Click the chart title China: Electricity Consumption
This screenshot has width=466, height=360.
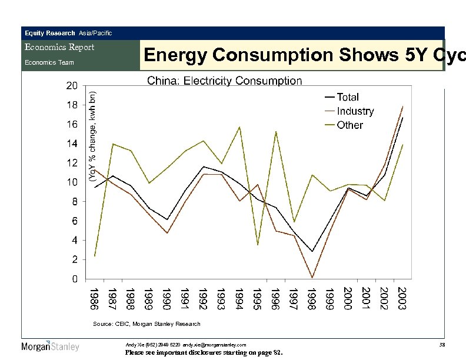tap(224, 81)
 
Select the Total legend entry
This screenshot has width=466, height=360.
tap(348, 97)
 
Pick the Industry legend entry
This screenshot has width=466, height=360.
tap(355, 111)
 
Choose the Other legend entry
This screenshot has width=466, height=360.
tap(350, 125)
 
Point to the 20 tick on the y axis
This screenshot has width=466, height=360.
tap(71, 86)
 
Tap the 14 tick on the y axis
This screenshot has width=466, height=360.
tap(71, 144)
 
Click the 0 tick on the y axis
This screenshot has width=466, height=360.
tap(74, 279)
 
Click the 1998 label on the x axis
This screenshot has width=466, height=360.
tap(312, 298)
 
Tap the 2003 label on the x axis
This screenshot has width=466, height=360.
tap(402, 298)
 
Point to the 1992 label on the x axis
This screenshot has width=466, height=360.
tap(204, 298)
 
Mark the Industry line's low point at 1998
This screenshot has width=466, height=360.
tap(312, 277)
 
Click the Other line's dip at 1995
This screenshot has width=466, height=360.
tap(258, 245)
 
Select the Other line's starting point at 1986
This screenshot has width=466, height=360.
tap(95, 256)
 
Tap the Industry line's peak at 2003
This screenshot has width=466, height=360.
tap(402, 106)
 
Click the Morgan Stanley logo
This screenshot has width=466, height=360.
tap(51, 346)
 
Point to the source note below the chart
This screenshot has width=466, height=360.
tap(147, 324)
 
